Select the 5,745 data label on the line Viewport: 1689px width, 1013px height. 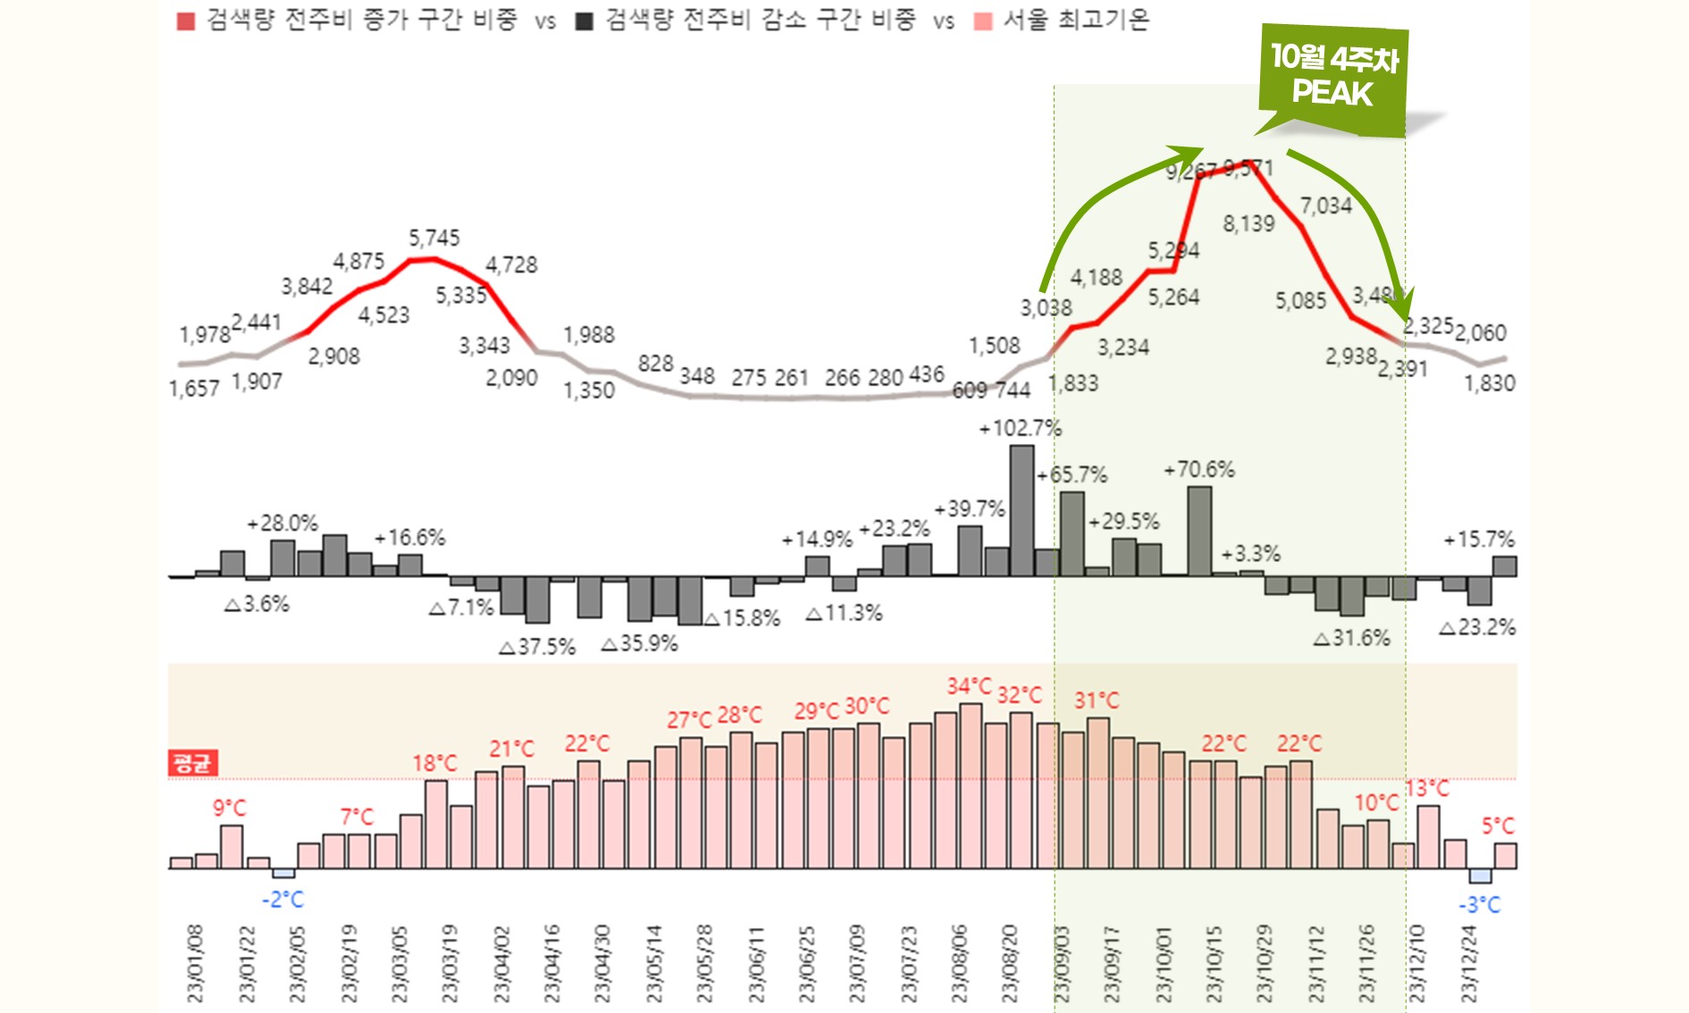[434, 239]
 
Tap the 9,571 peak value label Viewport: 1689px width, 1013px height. [1248, 168]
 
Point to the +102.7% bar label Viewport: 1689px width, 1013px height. [1020, 429]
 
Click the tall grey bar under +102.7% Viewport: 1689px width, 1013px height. [1021, 510]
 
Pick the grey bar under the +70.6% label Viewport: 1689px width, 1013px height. [1199, 531]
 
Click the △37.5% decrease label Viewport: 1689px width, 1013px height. [537, 647]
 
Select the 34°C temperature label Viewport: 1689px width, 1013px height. [970, 686]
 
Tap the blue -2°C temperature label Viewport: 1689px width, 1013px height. [282, 900]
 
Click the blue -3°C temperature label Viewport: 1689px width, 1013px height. [1479, 905]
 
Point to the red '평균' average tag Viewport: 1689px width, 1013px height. [192, 763]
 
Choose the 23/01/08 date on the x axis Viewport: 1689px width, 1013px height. [195, 963]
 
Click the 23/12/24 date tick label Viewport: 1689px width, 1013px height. [1468, 963]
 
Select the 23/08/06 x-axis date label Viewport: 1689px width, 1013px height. [959, 963]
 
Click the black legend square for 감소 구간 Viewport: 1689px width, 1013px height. [584, 21]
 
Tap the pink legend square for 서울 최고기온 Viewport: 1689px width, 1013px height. [983, 21]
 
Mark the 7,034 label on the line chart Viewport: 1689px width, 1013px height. [1325, 206]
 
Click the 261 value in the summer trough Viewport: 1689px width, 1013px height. [791, 378]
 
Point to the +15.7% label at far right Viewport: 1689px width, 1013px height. [1479, 540]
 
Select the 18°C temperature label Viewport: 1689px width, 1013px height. [434, 764]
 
